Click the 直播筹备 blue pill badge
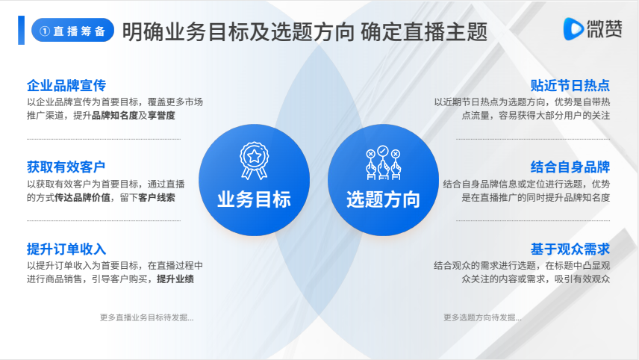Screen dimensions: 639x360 (72, 30)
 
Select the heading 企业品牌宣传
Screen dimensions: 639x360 (66, 86)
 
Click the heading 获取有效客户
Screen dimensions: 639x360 (66, 167)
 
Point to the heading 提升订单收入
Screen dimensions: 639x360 (66, 249)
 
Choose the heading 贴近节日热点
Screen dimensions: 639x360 (570, 86)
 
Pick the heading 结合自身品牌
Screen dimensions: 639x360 (570, 167)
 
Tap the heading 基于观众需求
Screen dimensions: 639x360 (570, 249)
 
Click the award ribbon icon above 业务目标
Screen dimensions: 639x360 (255, 161)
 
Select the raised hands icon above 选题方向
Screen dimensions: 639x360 (383, 163)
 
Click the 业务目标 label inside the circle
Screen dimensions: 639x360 (255, 199)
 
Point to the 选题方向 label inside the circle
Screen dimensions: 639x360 (383, 199)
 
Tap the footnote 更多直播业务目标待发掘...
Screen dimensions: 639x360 (147, 317)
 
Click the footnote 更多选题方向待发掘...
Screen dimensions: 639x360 (482, 317)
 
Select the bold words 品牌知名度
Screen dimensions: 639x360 (115, 115)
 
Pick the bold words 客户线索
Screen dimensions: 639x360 (157, 198)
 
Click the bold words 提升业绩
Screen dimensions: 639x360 (175, 279)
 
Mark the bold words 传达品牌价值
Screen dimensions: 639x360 (82, 198)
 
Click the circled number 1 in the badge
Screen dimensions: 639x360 (45, 31)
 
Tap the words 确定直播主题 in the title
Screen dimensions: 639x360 (424, 32)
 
